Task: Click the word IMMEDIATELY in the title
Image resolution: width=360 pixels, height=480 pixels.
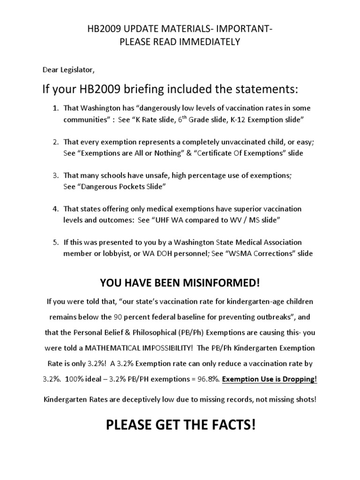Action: coord(213,42)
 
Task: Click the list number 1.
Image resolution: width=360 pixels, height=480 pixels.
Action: coord(55,108)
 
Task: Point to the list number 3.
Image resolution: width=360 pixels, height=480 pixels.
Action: coord(55,175)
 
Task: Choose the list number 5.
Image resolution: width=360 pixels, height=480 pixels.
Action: coord(55,242)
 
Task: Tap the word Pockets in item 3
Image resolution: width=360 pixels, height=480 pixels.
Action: coord(125,187)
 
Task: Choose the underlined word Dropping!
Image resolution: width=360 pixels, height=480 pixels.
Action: coord(298,379)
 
